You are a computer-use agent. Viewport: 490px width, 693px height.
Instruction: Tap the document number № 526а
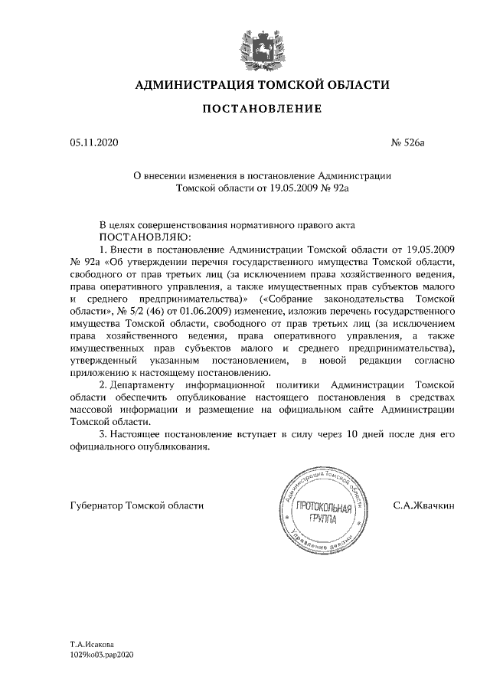407,142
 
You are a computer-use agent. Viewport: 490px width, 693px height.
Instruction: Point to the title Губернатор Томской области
136,505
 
